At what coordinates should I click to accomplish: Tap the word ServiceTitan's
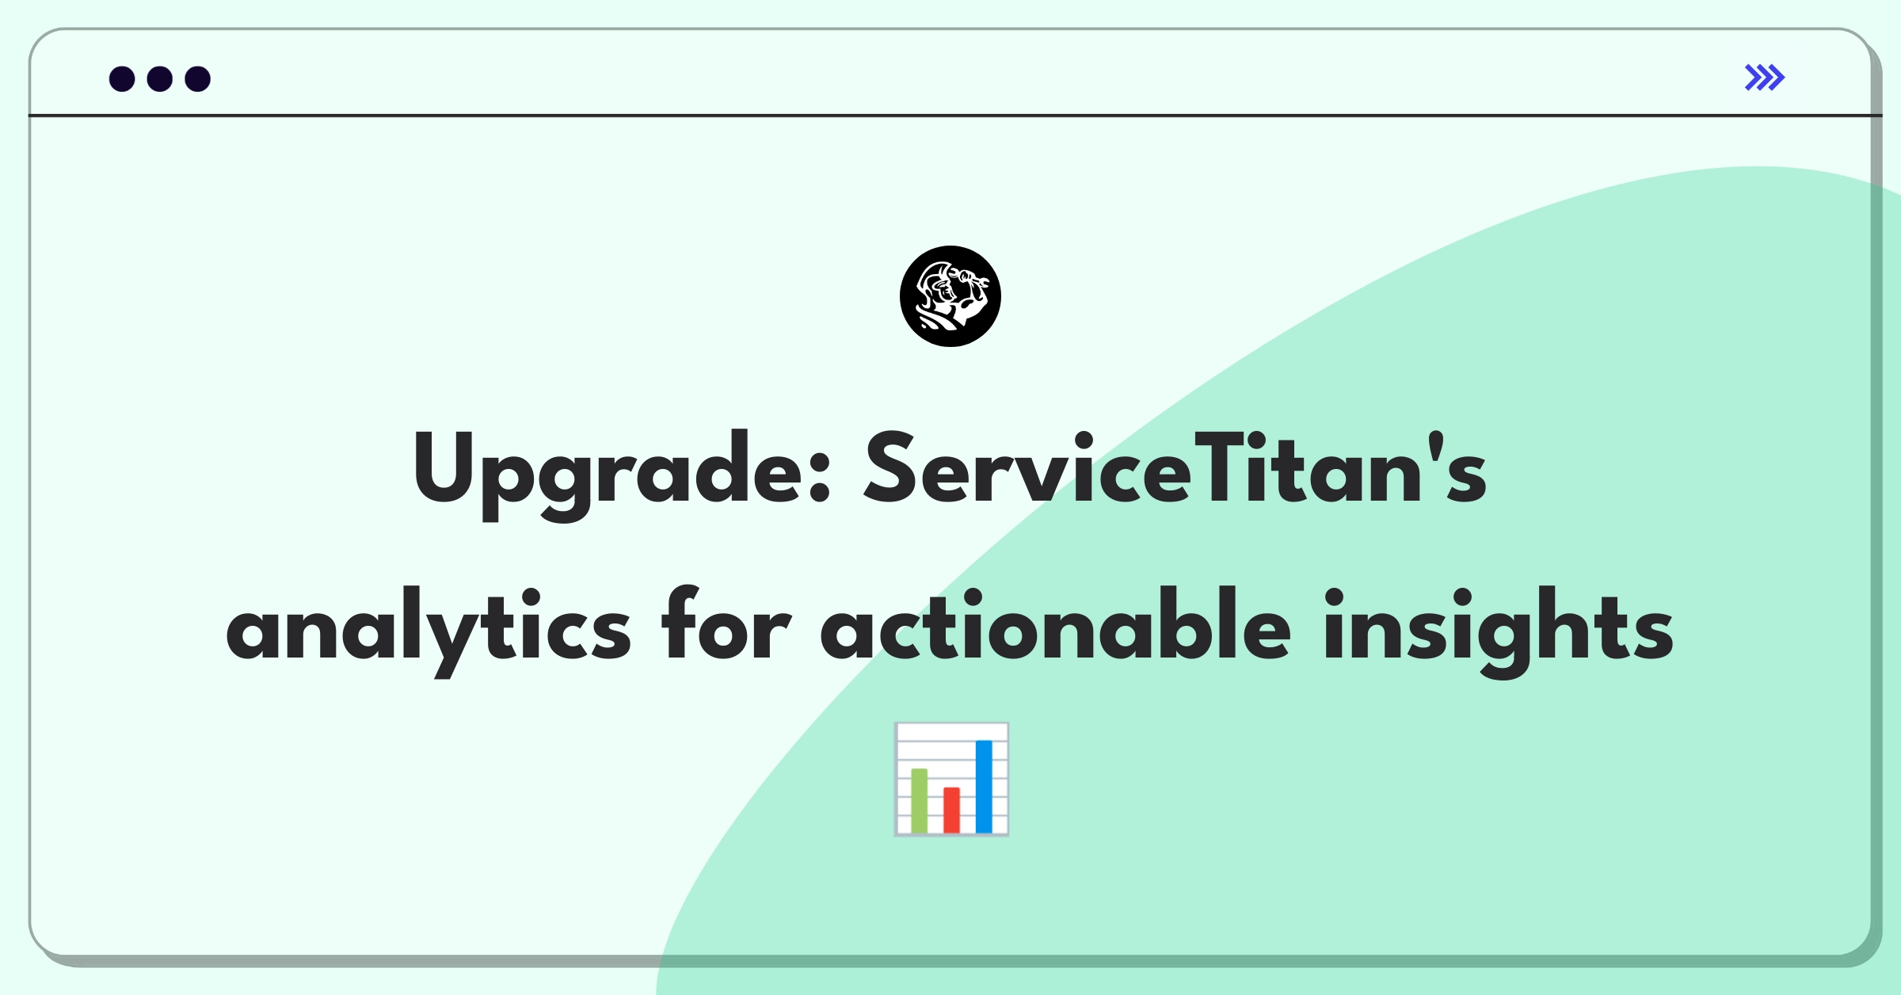[x=1175, y=467]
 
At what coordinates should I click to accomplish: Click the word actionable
[x=1056, y=623]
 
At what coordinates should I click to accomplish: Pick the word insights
[x=1498, y=632]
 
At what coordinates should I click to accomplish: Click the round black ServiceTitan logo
[x=950, y=296]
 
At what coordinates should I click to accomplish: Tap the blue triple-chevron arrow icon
[x=1765, y=78]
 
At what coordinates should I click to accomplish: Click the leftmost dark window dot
[x=122, y=79]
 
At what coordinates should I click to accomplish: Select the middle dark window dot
[x=160, y=79]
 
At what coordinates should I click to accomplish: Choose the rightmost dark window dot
[x=198, y=79]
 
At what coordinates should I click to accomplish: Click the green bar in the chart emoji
[x=920, y=800]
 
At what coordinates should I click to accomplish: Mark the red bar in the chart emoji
[x=951, y=810]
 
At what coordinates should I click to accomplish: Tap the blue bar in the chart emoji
[x=984, y=786]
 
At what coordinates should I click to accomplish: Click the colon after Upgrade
[x=821, y=478]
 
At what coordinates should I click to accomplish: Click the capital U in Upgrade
[x=444, y=467]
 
